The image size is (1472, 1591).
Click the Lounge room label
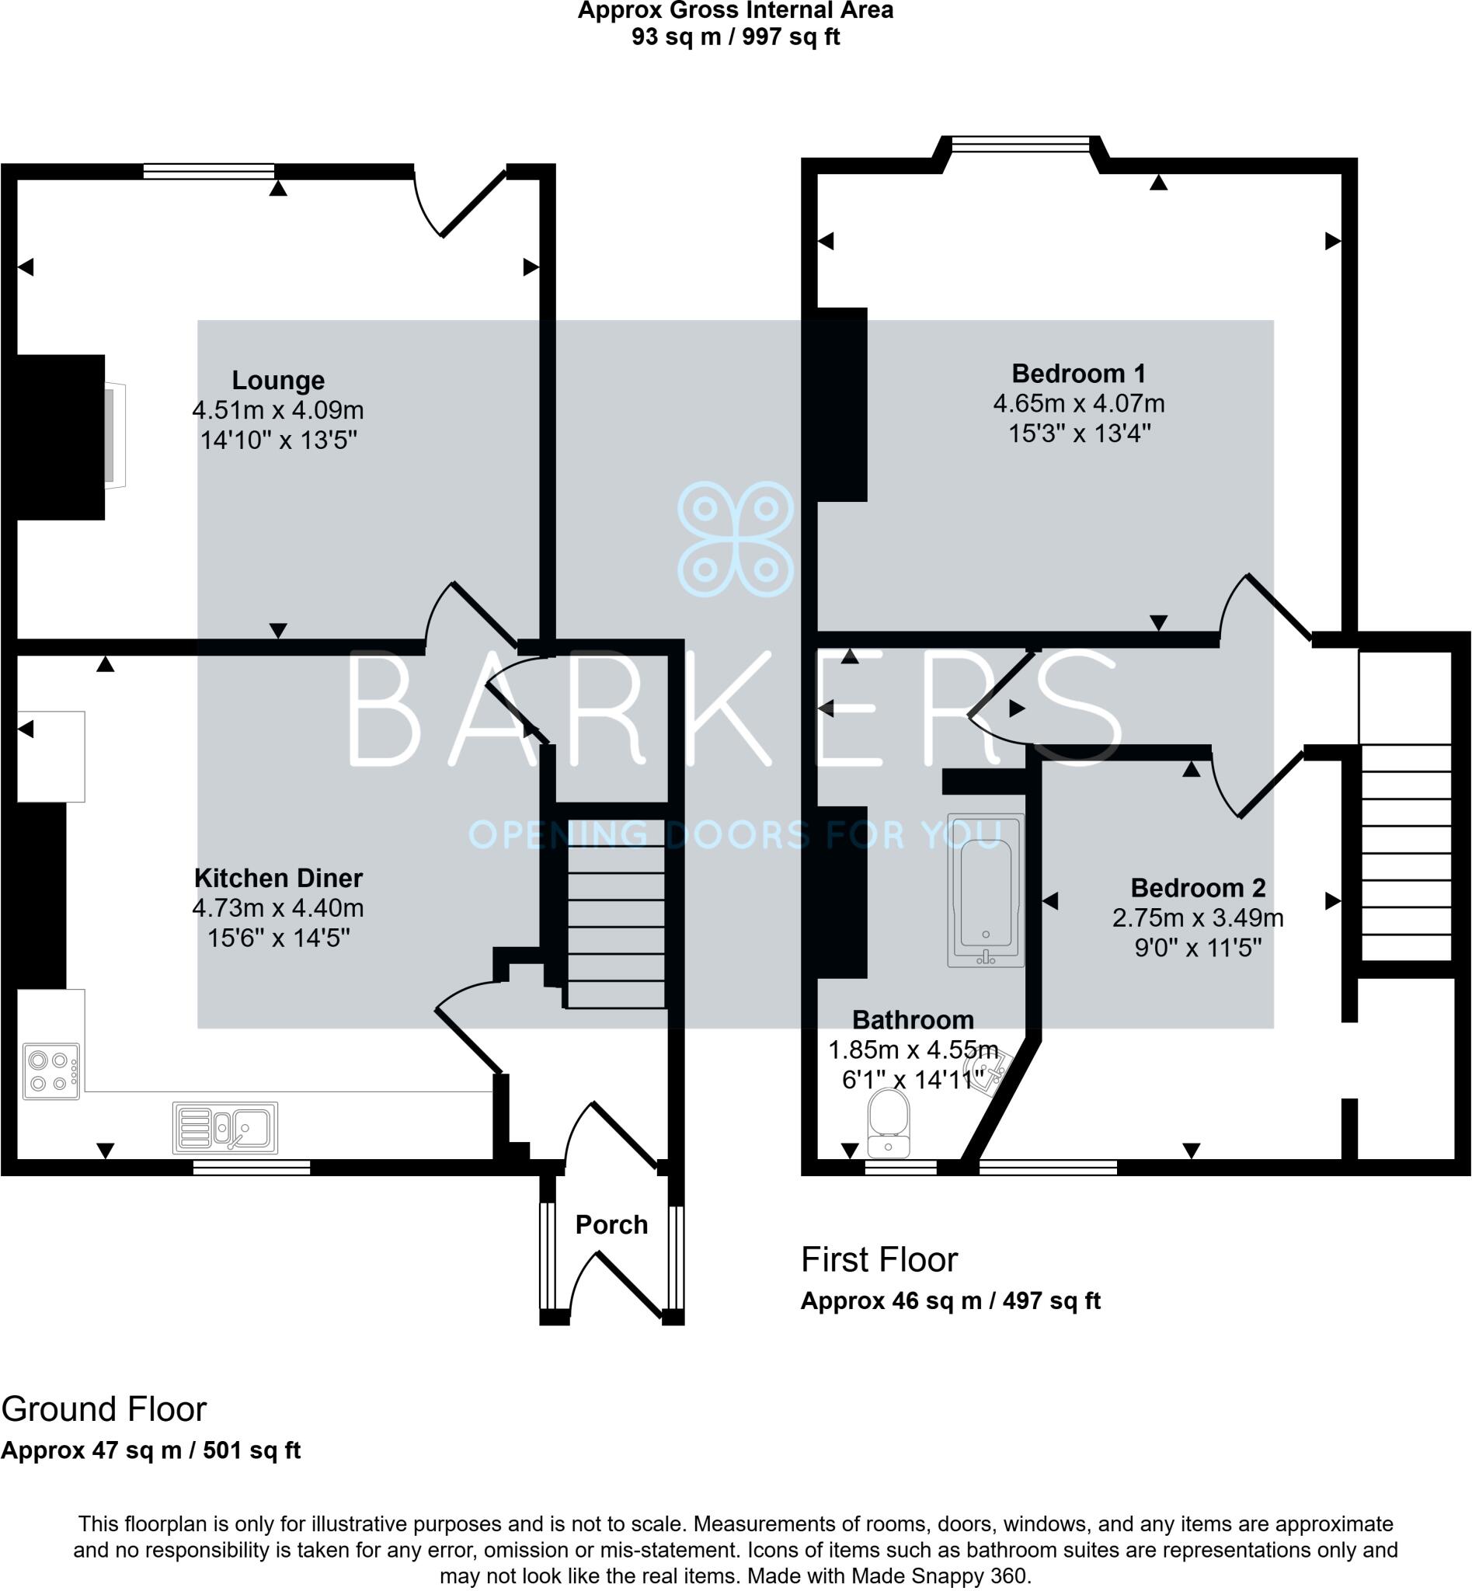[278, 380]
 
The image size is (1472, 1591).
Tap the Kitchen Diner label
[278, 878]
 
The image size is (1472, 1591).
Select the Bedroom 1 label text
[1078, 373]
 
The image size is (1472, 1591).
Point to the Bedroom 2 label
[1198, 887]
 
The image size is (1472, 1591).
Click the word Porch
[611, 1224]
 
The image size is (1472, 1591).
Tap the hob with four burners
[51, 1071]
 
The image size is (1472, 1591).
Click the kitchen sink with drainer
[225, 1128]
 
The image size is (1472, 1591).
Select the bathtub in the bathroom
[985, 891]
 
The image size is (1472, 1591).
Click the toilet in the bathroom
[889, 1123]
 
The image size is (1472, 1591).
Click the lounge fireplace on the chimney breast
[114, 435]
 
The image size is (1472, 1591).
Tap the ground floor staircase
[616, 913]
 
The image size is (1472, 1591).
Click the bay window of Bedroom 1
[1020, 144]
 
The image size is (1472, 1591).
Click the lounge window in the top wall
[209, 170]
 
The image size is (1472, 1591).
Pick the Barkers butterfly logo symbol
[735, 538]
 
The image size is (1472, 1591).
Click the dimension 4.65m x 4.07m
[1078, 403]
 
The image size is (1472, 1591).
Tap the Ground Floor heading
[104, 1409]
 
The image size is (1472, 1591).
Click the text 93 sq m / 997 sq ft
[735, 37]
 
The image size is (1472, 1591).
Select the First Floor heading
[879, 1259]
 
